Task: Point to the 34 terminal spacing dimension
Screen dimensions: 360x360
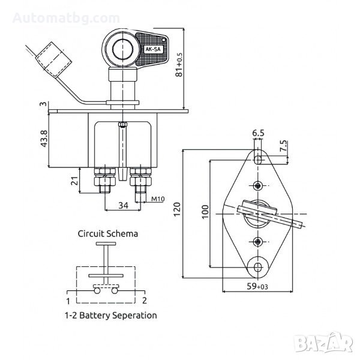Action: pyautogui.click(x=123, y=206)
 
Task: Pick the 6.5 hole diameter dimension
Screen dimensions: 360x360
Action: pyautogui.click(x=259, y=133)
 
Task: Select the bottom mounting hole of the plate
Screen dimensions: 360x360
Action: pyautogui.click(x=259, y=266)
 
